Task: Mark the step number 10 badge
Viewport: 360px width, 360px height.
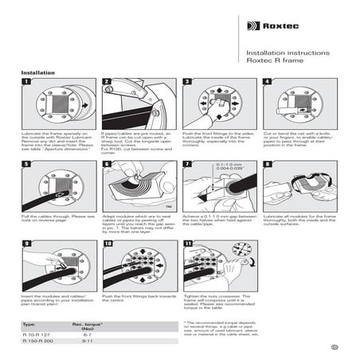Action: point(106,244)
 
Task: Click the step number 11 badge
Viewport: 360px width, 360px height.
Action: point(186,244)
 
